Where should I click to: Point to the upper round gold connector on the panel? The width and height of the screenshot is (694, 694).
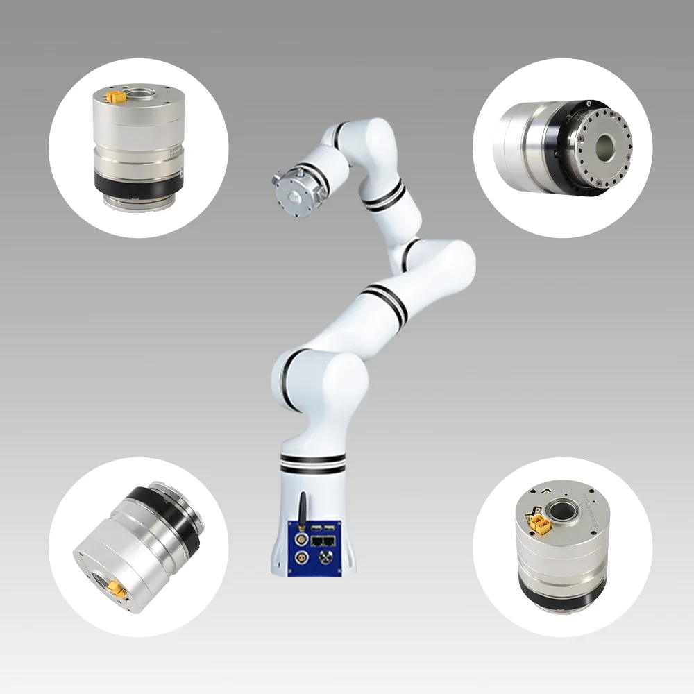[301, 536]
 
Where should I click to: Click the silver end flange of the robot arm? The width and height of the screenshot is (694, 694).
[291, 189]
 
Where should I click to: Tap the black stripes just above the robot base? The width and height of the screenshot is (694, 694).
[313, 463]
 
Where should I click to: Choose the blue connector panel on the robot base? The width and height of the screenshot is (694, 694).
[316, 548]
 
